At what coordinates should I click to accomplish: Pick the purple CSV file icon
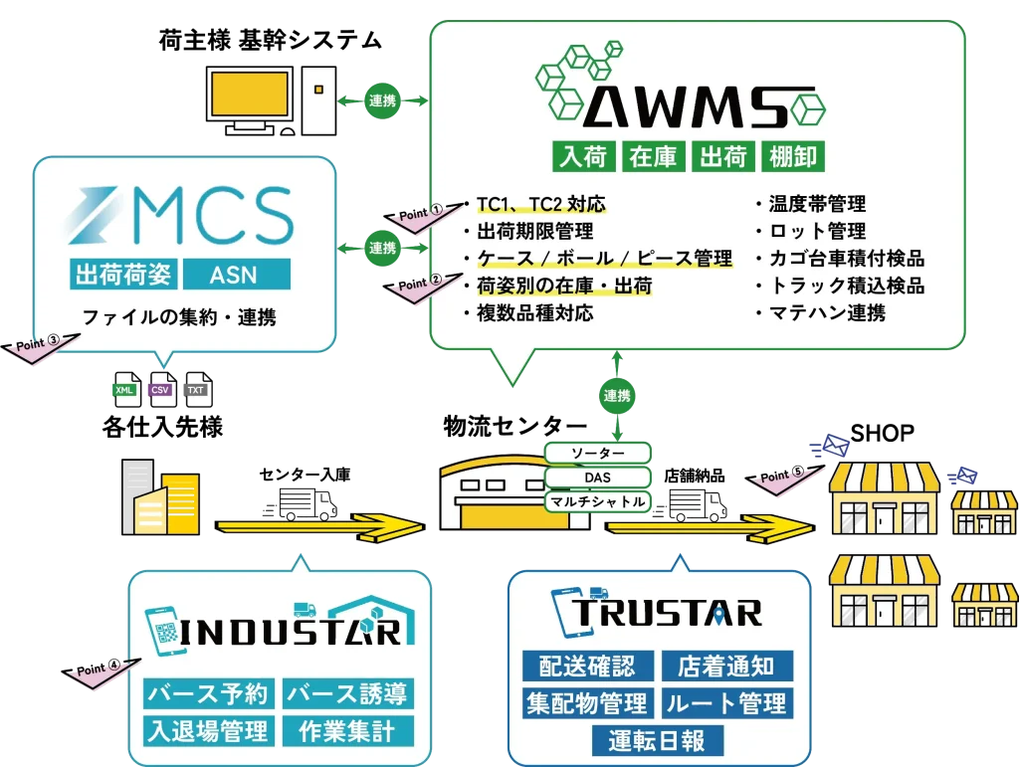point(160,389)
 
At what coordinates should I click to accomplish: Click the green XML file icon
point(124,389)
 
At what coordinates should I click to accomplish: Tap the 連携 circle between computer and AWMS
point(382,100)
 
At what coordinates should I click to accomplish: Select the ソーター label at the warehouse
point(598,454)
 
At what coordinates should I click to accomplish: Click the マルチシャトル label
point(598,501)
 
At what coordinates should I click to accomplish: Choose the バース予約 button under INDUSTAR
point(207,692)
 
